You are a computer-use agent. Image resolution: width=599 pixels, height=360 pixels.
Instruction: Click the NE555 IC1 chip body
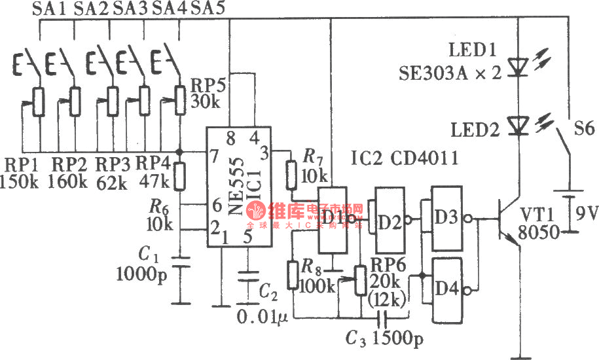[x=236, y=187]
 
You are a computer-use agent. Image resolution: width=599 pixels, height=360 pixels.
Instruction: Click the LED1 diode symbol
[x=518, y=66]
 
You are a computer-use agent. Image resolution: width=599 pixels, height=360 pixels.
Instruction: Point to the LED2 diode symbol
[x=518, y=124]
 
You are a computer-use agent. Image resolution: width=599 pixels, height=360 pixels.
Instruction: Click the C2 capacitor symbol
[x=247, y=278]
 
